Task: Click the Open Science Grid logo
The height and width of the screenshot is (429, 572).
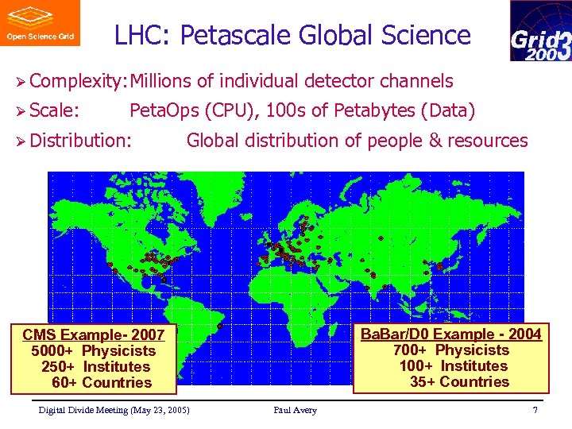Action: [39, 23]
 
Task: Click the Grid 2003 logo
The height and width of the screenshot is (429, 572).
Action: [539, 31]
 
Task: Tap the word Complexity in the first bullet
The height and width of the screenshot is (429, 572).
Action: [79, 81]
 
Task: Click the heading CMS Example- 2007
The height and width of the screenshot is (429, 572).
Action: [94, 334]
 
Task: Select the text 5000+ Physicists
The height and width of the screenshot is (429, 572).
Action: [94, 350]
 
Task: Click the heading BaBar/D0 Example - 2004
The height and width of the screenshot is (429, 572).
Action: [451, 334]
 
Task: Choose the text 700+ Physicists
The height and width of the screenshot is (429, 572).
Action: [451, 350]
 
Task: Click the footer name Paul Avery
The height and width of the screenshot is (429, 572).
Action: [295, 410]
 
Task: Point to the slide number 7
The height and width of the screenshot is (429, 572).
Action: [535, 410]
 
